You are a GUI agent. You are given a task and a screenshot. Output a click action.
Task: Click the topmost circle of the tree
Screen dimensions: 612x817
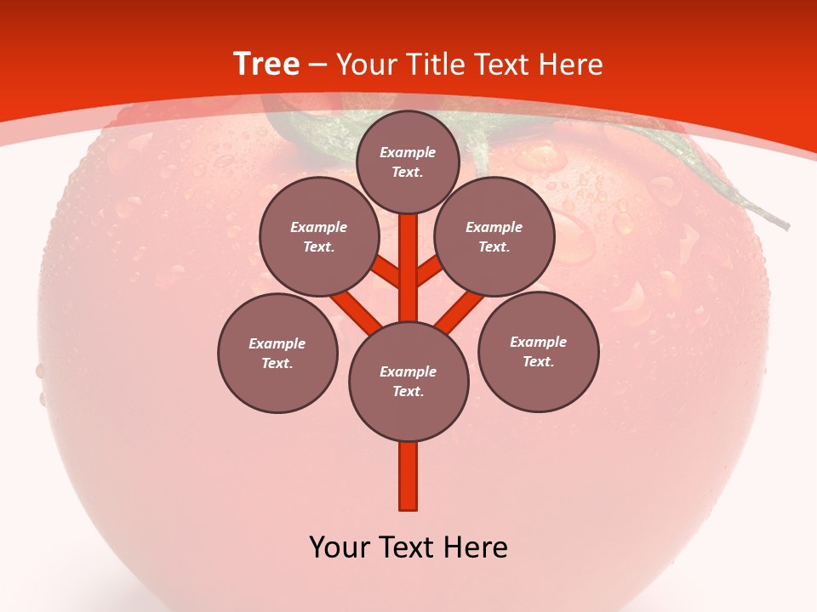408,161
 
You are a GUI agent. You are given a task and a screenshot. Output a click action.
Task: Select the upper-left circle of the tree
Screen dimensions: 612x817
319,236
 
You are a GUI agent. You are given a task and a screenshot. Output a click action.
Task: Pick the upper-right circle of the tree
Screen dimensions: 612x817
494,236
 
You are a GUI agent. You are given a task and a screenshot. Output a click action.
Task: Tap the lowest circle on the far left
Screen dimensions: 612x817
277,353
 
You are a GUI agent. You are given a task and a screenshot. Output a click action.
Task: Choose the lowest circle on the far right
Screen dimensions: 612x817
539,351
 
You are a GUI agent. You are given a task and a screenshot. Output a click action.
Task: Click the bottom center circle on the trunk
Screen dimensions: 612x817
408,382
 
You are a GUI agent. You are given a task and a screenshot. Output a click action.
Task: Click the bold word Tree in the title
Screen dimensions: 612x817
266,64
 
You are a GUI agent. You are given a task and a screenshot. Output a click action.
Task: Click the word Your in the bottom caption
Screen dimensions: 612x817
340,547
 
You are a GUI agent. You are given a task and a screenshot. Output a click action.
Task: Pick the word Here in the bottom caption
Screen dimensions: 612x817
476,547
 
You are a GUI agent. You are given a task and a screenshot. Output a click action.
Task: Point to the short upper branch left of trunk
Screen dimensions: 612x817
387,272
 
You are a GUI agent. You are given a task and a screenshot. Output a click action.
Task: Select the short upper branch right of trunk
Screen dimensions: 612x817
429,270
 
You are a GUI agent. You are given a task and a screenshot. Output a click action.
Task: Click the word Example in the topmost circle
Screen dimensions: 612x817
408,152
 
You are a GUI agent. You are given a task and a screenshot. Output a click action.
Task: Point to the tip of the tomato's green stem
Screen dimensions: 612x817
786,225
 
